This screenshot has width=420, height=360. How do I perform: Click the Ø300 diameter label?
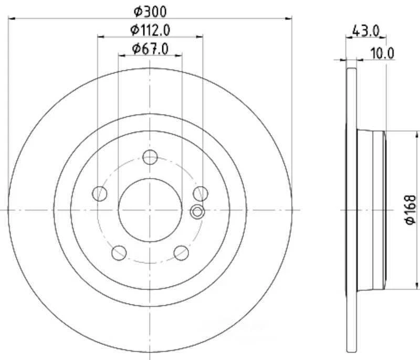[x=150, y=12]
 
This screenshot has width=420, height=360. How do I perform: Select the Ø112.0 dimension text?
[x=150, y=30]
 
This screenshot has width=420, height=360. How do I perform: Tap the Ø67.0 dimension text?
[x=150, y=49]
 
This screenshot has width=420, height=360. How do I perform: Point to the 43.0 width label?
[x=366, y=31]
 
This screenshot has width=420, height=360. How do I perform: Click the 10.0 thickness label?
[x=382, y=54]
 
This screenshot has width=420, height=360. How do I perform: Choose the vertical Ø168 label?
[x=411, y=210]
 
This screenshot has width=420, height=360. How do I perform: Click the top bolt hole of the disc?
[x=150, y=157]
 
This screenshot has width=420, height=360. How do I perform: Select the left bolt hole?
[x=99, y=193]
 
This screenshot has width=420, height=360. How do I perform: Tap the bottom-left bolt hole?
[x=119, y=253]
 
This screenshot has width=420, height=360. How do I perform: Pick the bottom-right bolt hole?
[x=181, y=253]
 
